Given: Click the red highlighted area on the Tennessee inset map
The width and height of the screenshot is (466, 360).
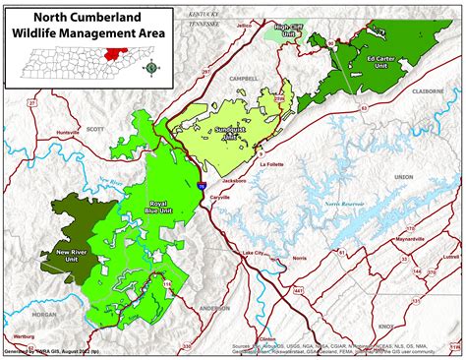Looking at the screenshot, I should pos(119,53).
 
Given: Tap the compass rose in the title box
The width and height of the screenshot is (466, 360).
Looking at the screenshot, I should pos(149,68).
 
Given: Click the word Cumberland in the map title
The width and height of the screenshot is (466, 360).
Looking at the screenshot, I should pos(110,16).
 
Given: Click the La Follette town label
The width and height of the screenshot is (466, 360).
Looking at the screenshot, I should pos(270,166).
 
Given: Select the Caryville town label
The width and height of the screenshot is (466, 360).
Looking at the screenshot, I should pos(229,197).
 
